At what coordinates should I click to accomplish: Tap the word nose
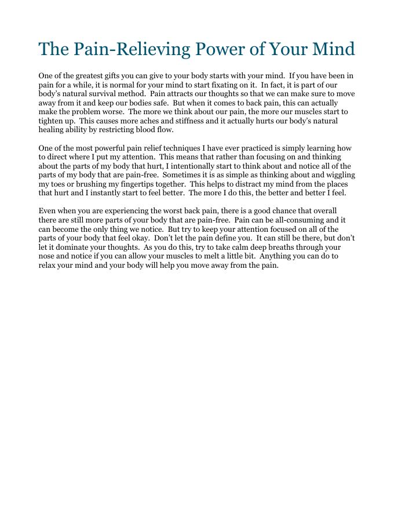[x=48, y=256]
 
